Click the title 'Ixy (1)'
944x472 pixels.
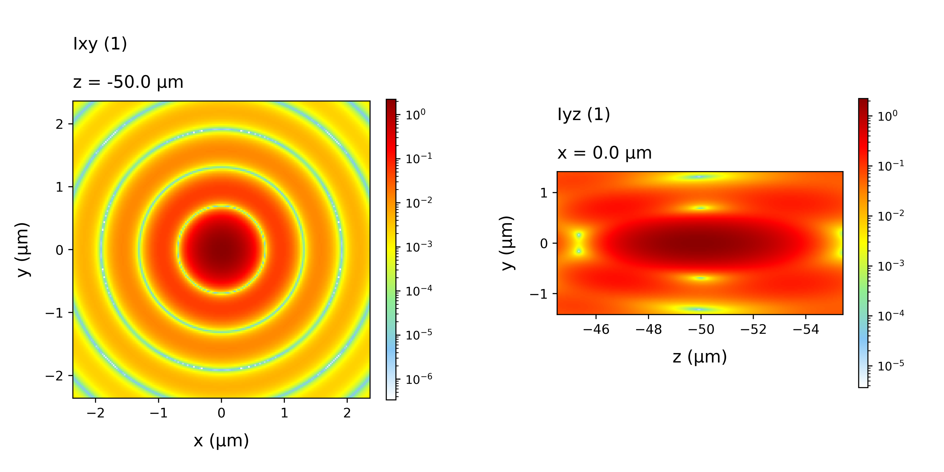(100, 44)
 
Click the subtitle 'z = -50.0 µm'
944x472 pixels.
(128, 82)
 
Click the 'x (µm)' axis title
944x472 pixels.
(221, 441)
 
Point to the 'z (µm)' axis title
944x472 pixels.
(700, 356)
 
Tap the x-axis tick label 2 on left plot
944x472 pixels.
(347, 413)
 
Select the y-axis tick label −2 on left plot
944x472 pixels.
(54, 376)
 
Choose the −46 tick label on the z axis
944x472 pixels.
(596, 330)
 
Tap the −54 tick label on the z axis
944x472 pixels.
(806, 330)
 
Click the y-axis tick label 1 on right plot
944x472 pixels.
(544, 193)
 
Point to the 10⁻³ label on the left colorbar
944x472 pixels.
(419, 246)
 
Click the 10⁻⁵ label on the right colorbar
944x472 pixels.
(891, 365)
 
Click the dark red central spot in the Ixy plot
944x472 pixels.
(221, 250)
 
